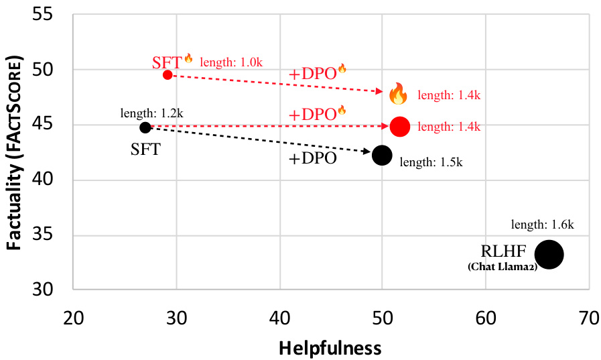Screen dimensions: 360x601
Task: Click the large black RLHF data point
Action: (549, 255)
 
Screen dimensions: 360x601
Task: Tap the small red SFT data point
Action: (168, 74)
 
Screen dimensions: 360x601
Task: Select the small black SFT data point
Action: (145, 127)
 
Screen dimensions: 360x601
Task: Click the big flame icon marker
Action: (398, 94)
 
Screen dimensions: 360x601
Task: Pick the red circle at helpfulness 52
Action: (399, 126)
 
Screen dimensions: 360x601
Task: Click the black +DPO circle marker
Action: (382, 155)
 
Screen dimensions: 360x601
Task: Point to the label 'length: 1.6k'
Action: (542, 225)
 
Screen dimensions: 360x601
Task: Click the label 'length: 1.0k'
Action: (231, 62)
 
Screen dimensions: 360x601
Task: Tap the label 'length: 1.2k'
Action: (151, 112)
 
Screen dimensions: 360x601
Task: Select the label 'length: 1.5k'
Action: (431, 162)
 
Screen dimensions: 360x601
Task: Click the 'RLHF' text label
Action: (503, 252)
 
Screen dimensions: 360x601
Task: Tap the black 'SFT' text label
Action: (145, 149)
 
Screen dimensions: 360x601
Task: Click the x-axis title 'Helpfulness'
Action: (330, 348)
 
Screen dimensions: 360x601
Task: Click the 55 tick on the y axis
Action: (46, 15)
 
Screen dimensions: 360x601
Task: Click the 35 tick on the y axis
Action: (46, 235)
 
